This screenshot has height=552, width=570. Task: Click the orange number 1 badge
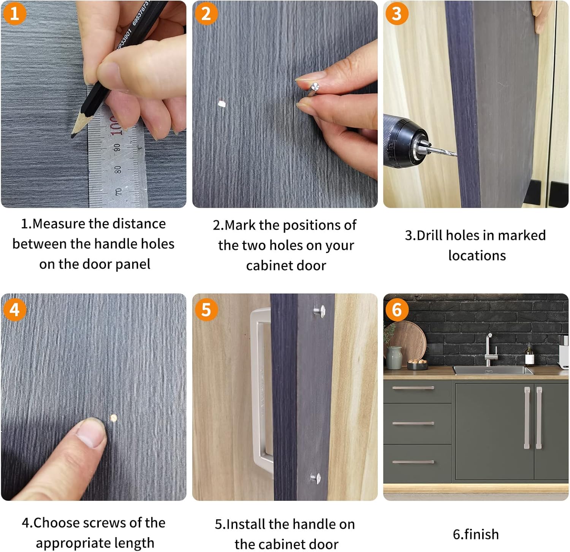pyautogui.click(x=14, y=14)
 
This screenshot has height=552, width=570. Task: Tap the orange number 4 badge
pyautogui.click(x=14, y=310)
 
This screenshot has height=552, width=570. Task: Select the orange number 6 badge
pyautogui.click(x=397, y=310)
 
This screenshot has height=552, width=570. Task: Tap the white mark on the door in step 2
pyautogui.click(x=222, y=103)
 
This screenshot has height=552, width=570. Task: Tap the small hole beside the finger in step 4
pyautogui.click(x=113, y=418)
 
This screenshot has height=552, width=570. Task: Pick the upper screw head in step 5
pyautogui.click(x=319, y=311)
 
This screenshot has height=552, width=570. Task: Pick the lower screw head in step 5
pyautogui.click(x=316, y=478)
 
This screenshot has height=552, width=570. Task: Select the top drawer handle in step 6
pyautogui.click(x=413, y=388)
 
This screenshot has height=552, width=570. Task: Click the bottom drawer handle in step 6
pyautogui.click(x=413, y=462)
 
